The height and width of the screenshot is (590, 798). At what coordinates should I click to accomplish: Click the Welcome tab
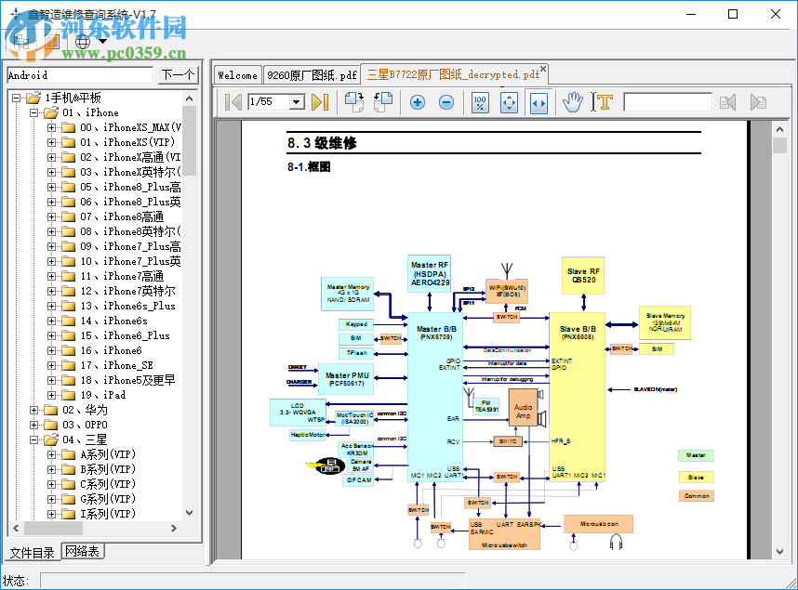tap(237, 75)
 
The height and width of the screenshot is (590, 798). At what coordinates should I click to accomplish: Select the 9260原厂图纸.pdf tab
tap(311, 75)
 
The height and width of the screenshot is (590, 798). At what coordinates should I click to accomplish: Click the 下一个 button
tap(178, 75)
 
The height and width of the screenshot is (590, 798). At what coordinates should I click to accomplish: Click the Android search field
tap(79, 75)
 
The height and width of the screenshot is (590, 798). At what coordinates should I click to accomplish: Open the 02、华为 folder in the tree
tap(85, 410)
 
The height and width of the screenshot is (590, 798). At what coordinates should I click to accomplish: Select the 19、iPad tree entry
tap(102, 395)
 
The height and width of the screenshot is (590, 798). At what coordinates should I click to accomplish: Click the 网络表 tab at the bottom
tap(83, 552)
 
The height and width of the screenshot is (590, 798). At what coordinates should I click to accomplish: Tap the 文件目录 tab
tap(32, 553)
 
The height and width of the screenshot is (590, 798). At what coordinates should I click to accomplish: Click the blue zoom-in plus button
tap(418, 102)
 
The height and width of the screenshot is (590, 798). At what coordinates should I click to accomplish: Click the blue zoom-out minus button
tap(446, 102)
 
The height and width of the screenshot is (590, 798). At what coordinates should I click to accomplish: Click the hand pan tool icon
tap(573, 102)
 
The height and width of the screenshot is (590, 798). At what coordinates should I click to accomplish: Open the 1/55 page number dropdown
tap(298, 102)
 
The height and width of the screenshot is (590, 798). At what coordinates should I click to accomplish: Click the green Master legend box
tap(696, 455)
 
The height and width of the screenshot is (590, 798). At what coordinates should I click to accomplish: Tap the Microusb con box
tap(598, 523)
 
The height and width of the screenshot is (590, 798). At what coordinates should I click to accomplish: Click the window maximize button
tap(733, 14)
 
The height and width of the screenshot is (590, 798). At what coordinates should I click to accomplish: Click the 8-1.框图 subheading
tap(309, 167)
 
